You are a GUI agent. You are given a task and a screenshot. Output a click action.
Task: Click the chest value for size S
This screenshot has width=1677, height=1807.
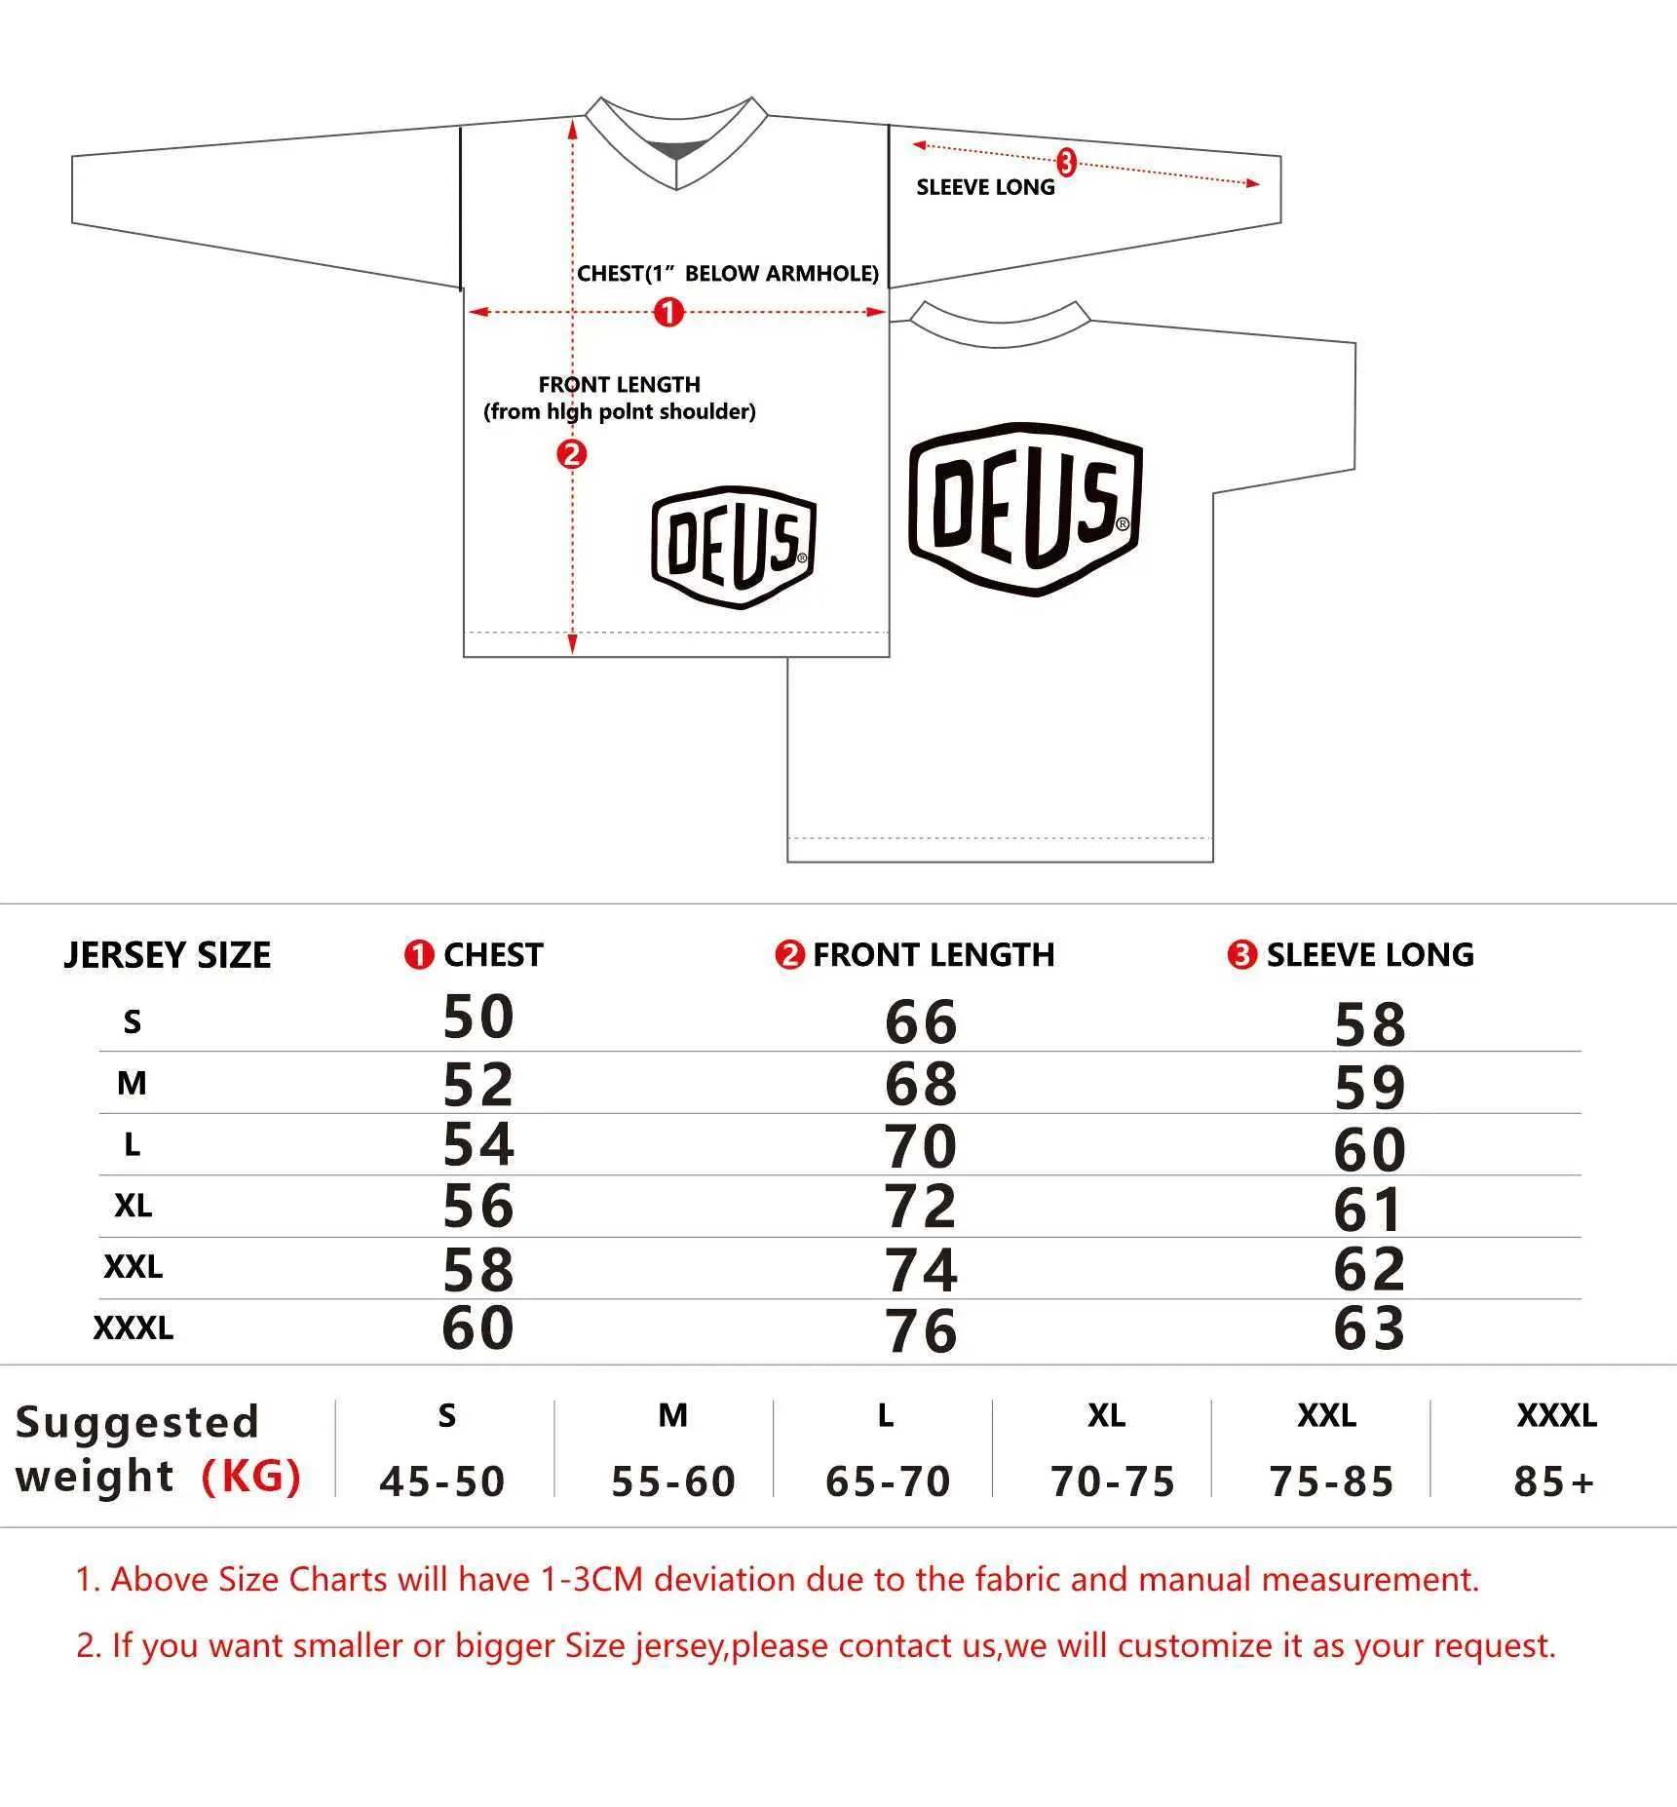point(477,1017)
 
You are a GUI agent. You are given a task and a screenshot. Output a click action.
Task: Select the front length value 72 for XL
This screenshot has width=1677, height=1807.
point(921,1207)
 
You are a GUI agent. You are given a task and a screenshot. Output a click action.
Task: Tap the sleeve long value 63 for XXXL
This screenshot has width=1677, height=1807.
point(1369,1327)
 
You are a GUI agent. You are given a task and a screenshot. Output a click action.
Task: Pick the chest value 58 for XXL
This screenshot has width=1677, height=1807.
point(477,1269)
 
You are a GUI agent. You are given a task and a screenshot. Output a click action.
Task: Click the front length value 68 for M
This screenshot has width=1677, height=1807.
point(921,1084)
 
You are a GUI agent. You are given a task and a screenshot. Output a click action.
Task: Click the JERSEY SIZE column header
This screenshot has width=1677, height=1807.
point(168,955)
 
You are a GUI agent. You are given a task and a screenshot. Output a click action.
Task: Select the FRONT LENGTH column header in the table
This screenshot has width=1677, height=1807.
point(934,955)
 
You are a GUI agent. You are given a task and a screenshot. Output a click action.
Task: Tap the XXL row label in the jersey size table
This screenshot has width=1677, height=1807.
point(133,1267)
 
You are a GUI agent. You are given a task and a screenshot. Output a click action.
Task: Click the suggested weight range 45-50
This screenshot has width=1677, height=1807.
point(442,1481)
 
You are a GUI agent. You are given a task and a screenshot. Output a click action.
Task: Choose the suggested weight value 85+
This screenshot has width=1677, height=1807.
point(1553,1481)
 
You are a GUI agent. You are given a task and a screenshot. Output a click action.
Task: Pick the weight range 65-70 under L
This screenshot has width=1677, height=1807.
point(888,1481)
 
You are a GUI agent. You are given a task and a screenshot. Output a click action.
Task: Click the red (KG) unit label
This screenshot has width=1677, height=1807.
point(251,1476)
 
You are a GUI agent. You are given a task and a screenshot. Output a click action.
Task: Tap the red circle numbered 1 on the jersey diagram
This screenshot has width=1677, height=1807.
point(668,312)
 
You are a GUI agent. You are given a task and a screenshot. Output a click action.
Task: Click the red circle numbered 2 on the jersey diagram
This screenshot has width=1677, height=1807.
point(571,453)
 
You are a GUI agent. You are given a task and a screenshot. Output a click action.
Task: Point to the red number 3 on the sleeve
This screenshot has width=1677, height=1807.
point(1066,162)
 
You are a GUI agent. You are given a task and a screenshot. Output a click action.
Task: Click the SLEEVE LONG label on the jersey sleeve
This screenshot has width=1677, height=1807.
point(985,187)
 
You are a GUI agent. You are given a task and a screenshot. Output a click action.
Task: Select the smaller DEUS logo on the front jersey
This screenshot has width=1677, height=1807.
point(734,547)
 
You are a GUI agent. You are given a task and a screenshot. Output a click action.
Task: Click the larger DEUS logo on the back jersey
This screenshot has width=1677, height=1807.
point(1025,509)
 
